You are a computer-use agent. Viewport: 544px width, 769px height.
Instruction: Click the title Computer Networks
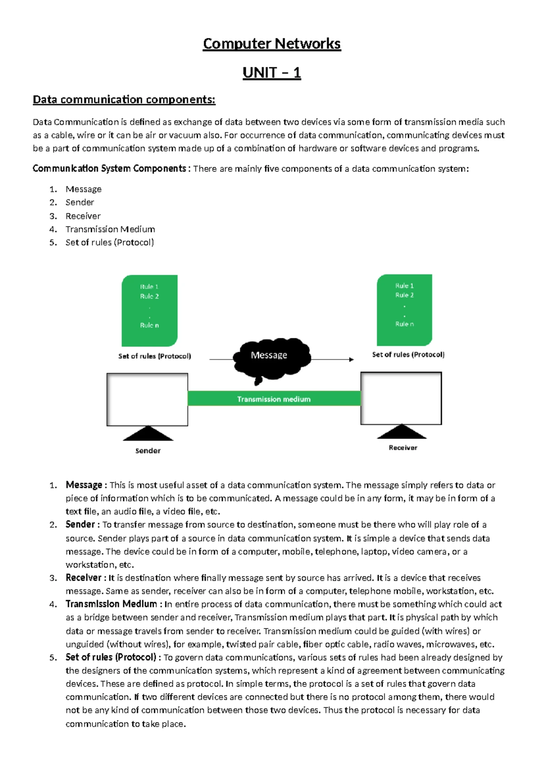coord(272,44)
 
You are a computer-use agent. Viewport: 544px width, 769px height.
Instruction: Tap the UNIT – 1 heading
coord(272,73)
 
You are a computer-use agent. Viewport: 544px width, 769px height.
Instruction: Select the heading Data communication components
coord(124,99)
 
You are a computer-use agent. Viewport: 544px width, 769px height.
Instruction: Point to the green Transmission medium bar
coord(274,399)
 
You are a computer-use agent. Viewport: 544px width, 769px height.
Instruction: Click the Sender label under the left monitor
coord(148,451)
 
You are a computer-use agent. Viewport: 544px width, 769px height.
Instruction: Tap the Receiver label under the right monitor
coord(403,448)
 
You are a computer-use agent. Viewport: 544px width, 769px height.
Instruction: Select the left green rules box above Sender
coord(149,311)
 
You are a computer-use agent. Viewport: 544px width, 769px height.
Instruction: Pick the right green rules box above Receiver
coord(404,310)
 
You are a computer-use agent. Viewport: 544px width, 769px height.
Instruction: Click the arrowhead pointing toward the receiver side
coord(351,360)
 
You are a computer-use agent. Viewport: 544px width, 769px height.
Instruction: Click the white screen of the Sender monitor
coord(147,399)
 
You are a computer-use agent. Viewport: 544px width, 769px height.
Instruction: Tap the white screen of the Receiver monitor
coord(401,398)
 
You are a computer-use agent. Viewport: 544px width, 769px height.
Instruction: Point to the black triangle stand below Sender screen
coord(148,434)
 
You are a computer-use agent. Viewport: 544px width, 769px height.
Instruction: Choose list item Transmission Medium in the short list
coord(110,229)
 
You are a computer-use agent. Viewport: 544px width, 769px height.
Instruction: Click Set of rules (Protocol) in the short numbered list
coord(110,242)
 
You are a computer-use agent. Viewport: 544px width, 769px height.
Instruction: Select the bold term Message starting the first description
coord(84,485)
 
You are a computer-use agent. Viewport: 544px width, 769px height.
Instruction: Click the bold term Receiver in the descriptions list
coord(84,578)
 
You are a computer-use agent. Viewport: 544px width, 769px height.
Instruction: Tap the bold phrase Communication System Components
coord(109,169)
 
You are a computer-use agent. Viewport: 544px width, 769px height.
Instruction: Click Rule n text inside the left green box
coord(149,325)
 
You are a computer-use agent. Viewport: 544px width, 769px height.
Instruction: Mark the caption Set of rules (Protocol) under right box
coord(408,355)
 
